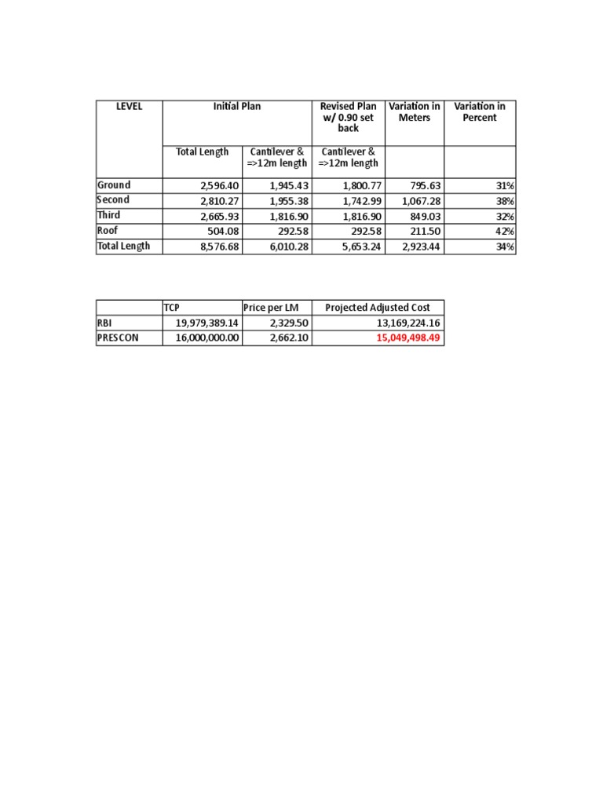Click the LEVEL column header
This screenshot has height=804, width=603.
[129, 107]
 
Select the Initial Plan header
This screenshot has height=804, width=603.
[237, 107]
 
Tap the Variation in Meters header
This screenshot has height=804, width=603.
[415, 112]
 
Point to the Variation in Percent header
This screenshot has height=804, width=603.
[480, 112]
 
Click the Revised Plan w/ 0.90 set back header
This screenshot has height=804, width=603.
[348, 117]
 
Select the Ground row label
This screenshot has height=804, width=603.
[114, 185]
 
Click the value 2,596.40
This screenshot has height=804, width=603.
[218, 186]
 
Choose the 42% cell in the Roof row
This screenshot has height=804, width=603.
[505, 232]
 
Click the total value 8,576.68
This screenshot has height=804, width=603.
[218, 247]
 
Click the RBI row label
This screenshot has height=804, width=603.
[106, 323]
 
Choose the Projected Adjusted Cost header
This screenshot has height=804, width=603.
[378, 307]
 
